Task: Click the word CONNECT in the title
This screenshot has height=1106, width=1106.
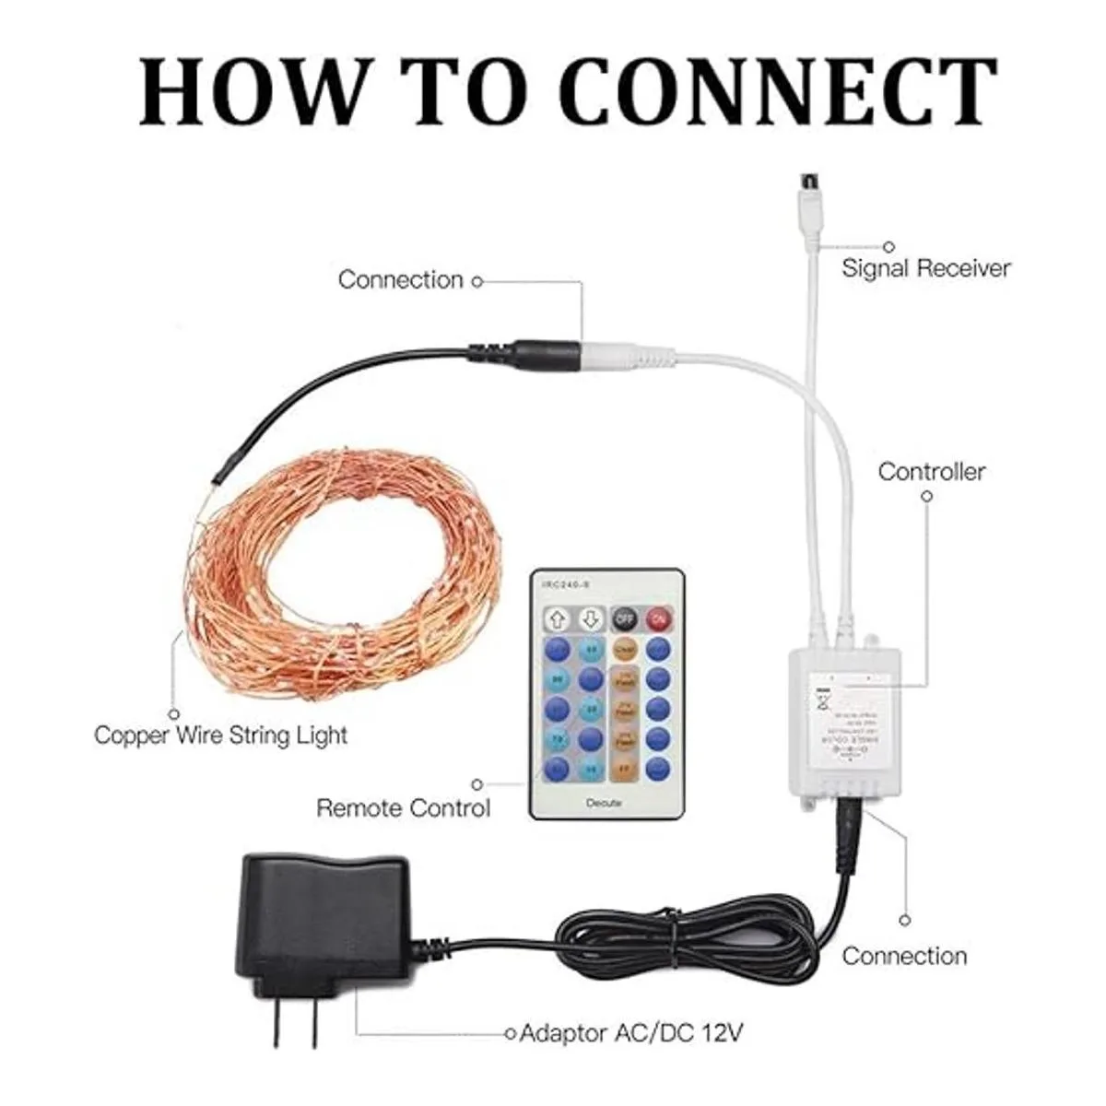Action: point(779,92)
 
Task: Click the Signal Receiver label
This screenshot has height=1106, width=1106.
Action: point(925,268)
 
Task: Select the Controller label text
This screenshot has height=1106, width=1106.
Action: point(931,472)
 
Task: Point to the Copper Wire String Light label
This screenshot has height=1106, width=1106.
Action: point(221,735)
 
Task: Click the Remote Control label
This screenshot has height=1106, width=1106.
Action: point(403,808)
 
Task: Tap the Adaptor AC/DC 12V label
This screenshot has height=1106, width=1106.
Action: point(630,1033)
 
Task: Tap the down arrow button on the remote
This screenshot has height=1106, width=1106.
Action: point(591,618)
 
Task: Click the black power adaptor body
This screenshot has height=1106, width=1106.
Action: point(323,912)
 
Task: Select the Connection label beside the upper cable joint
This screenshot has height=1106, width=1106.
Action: point(400,279)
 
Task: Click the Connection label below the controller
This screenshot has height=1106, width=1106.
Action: point(904,956)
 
